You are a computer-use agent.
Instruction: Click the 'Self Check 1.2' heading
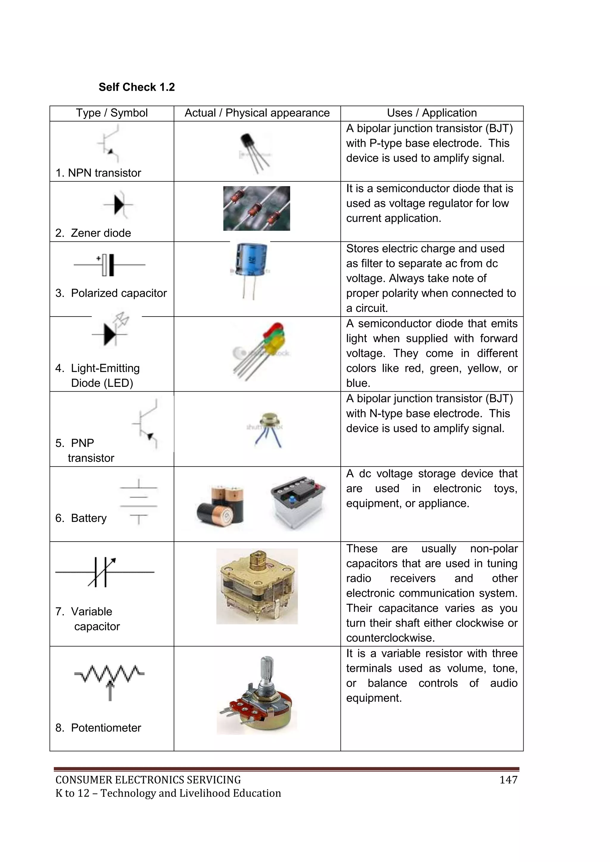[136, 87]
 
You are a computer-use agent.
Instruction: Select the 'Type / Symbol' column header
[112, 113]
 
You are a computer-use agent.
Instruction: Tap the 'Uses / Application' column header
[432, 113]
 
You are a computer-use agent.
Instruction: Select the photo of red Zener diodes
[256, 208]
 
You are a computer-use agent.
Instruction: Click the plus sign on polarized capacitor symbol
[98, 258]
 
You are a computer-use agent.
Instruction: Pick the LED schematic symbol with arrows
[111, 331]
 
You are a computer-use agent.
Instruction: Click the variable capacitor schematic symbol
[103, 572]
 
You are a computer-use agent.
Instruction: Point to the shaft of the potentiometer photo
[266, 672]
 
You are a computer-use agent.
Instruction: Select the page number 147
[508, 780]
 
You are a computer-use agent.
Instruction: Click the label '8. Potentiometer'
[98, 728]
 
